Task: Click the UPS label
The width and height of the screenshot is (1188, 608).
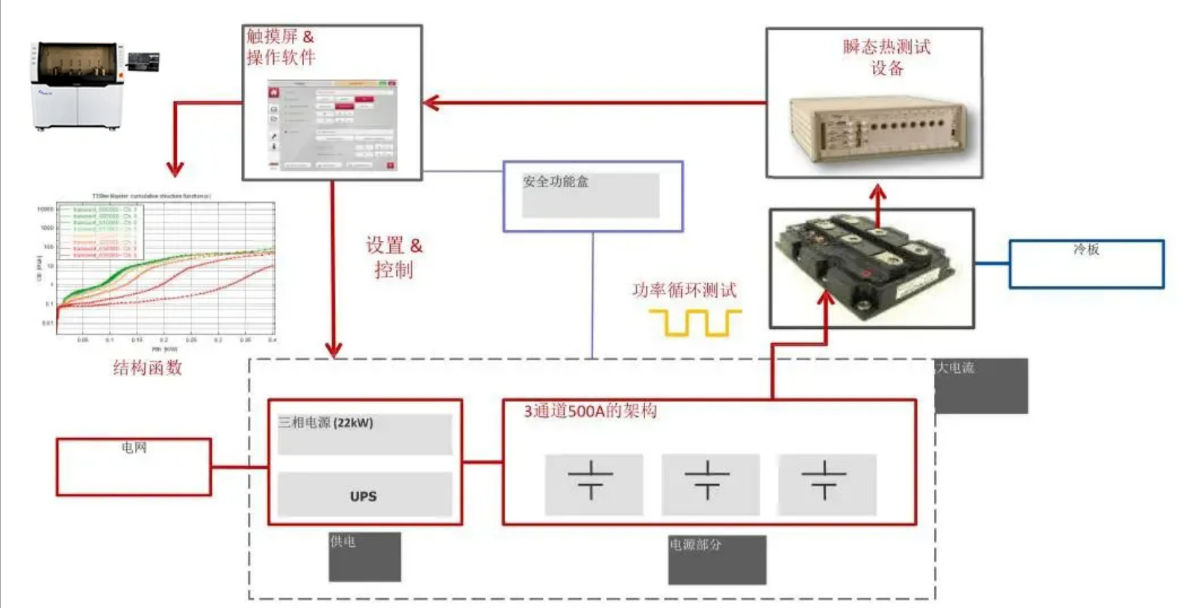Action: [x=364, y=496]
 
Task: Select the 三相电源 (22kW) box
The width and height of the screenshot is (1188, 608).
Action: [x=364, y=433]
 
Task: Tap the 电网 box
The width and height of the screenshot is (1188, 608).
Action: [x=134, y=466]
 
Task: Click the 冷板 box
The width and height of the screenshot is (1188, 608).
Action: [x=1086, y=263]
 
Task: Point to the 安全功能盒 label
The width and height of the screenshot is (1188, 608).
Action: [x=556, y=181]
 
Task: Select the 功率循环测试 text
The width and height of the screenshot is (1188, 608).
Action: [x=684, y=290]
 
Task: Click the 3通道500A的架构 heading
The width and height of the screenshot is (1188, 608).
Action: [x=590, y=411]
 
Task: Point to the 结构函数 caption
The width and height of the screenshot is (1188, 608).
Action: [x=148, y=367]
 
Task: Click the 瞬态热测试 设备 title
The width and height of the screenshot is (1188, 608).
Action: [x=886, y=57]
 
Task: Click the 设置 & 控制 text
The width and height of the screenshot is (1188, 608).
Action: [x=394, y=257]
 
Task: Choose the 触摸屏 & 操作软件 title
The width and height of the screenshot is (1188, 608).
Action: [x=281, y=46]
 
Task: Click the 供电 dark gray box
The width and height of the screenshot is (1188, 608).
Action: [x=364, y=557]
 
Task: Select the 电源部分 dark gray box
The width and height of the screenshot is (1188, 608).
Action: [x=717, y=560]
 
